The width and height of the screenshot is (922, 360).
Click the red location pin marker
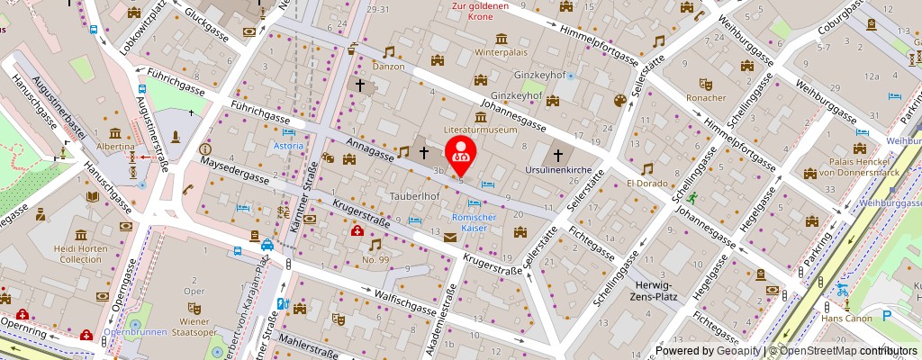[x=461, y=151]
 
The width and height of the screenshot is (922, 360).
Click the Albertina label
[x=114, y=145]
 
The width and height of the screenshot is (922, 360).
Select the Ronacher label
[x=705, y=97]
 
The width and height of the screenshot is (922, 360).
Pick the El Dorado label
[x=647, y=184]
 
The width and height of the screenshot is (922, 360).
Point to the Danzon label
[x=389, y=67]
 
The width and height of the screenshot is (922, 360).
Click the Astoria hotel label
[x=288, y=145]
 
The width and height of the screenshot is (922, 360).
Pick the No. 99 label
[x=375, y=259]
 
